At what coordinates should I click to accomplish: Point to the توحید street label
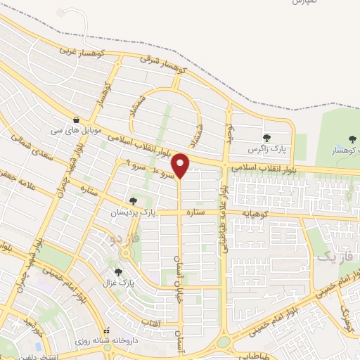[229, 130]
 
